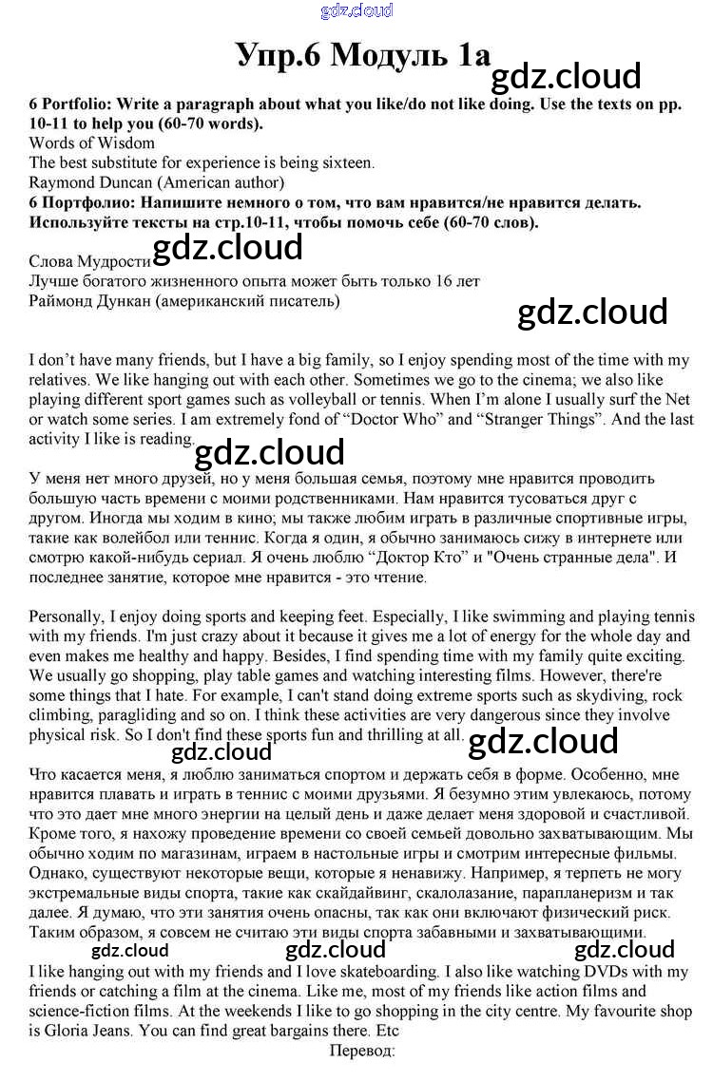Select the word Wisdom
pyautogui.click(x=128, y=143)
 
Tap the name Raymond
pyautogui.click(x=61, y=182)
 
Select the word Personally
pyautogui.click(x=67, y=617)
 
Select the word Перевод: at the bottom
pyautogui.click(x=361, y=1051)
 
